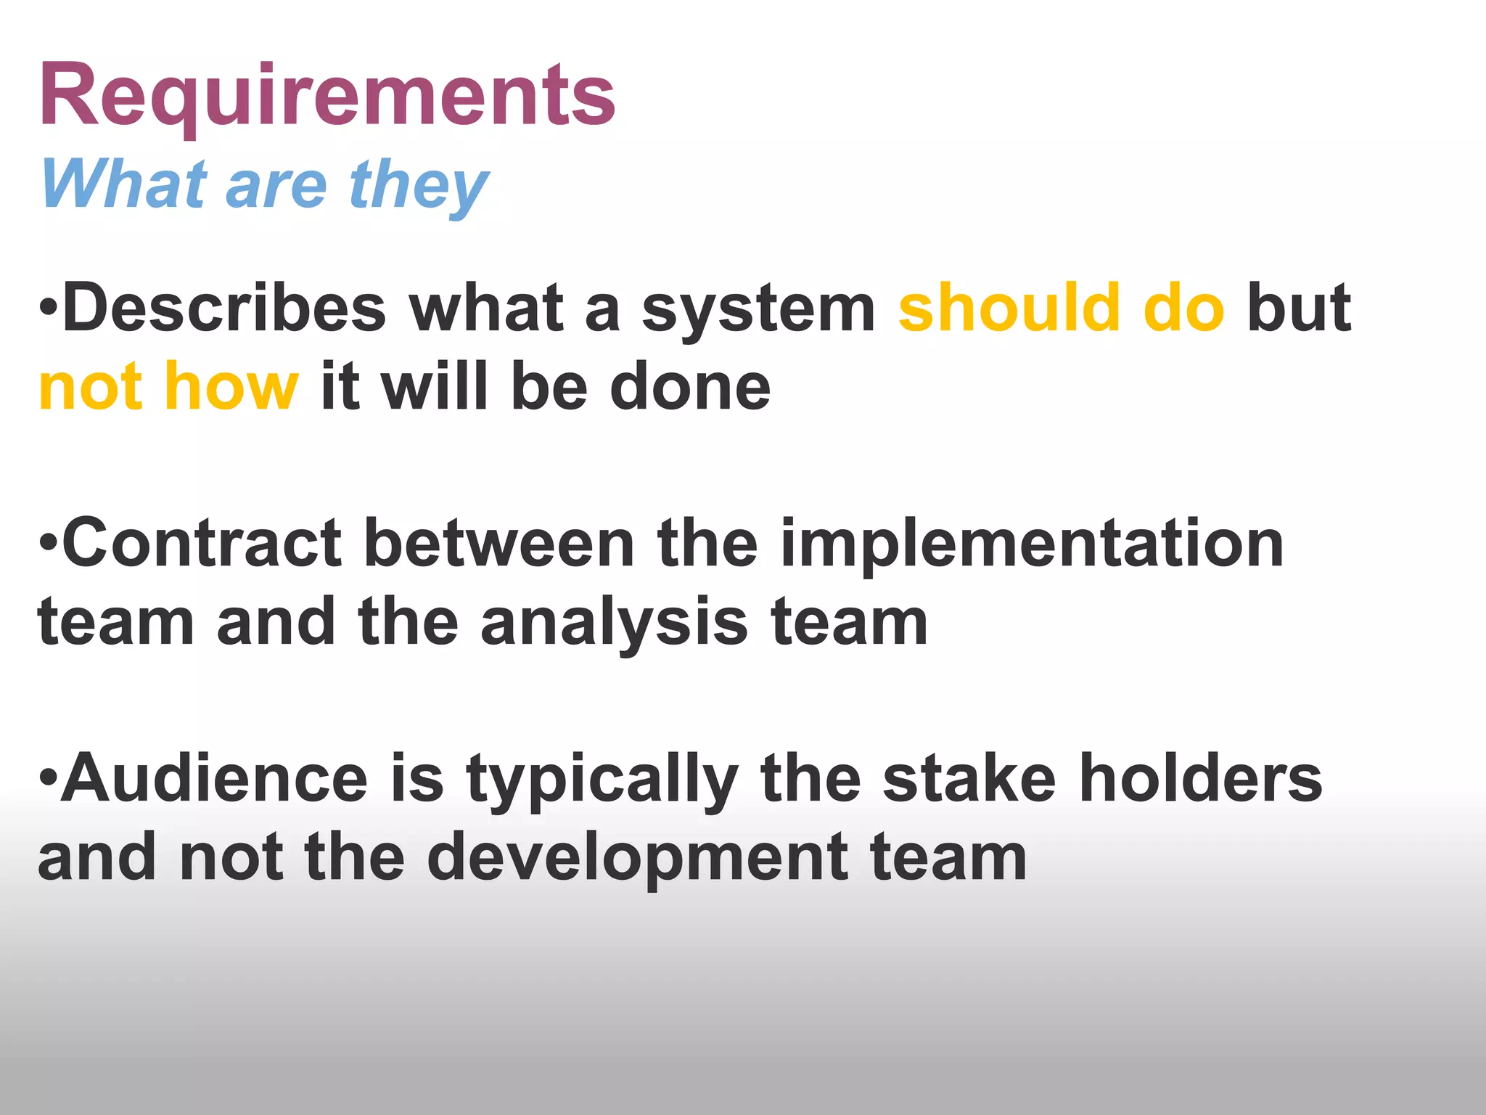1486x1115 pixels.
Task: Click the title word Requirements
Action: (327, 96)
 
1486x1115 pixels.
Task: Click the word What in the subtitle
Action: (123, 185)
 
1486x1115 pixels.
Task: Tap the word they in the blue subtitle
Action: (419, 187)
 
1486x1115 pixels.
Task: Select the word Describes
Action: (224, 309)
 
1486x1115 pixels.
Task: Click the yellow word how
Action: (231, 387)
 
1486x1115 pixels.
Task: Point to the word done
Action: (690, 387)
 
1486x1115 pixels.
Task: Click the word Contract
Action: (202, 544)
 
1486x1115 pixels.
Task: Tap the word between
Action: (499, 544)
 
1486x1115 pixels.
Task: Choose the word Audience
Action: (215, 778)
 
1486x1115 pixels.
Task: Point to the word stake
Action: (969, 778)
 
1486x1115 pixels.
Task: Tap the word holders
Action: (1201, 778)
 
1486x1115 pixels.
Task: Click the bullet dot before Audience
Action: (49, 777)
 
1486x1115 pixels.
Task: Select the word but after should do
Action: (1299, 309)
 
